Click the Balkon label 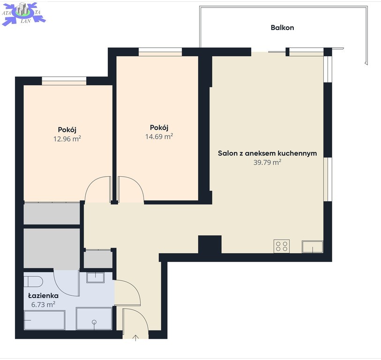pos(282,28)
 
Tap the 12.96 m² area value pos(67,139)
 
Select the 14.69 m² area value pos(159,136)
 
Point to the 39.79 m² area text pos(267,162)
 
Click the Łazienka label pos(43,296)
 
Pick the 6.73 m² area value pos(43,304)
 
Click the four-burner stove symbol pos(282,246)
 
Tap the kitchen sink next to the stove pos(313,247)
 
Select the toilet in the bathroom pos(33,282)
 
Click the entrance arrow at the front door pos(135,338)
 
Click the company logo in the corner pos(23,14)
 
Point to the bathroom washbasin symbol pos(96,277)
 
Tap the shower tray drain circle pos(94,322)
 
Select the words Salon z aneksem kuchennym pos(267,153)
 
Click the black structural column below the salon pos(209,245)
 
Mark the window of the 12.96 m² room pos(64,81)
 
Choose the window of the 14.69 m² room pos(160,52)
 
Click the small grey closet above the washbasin pos(98,259)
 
